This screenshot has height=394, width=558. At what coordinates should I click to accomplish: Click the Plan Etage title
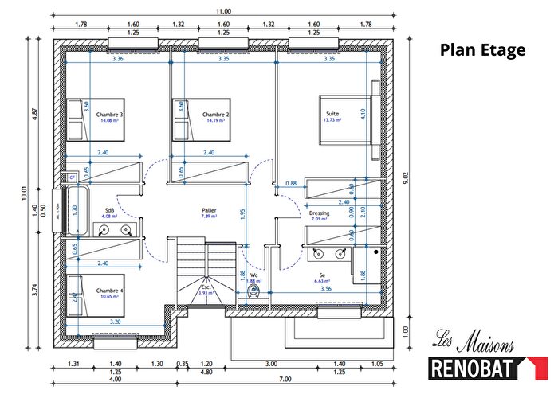(483, 50)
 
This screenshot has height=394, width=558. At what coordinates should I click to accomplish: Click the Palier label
(209, 213)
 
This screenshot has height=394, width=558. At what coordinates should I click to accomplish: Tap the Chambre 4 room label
(111, 292)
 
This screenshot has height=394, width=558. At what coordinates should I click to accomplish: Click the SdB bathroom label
(109, 213)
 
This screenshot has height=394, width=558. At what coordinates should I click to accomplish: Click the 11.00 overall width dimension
(222, 11)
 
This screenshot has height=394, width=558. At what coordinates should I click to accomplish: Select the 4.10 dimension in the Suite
(363, 113)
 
